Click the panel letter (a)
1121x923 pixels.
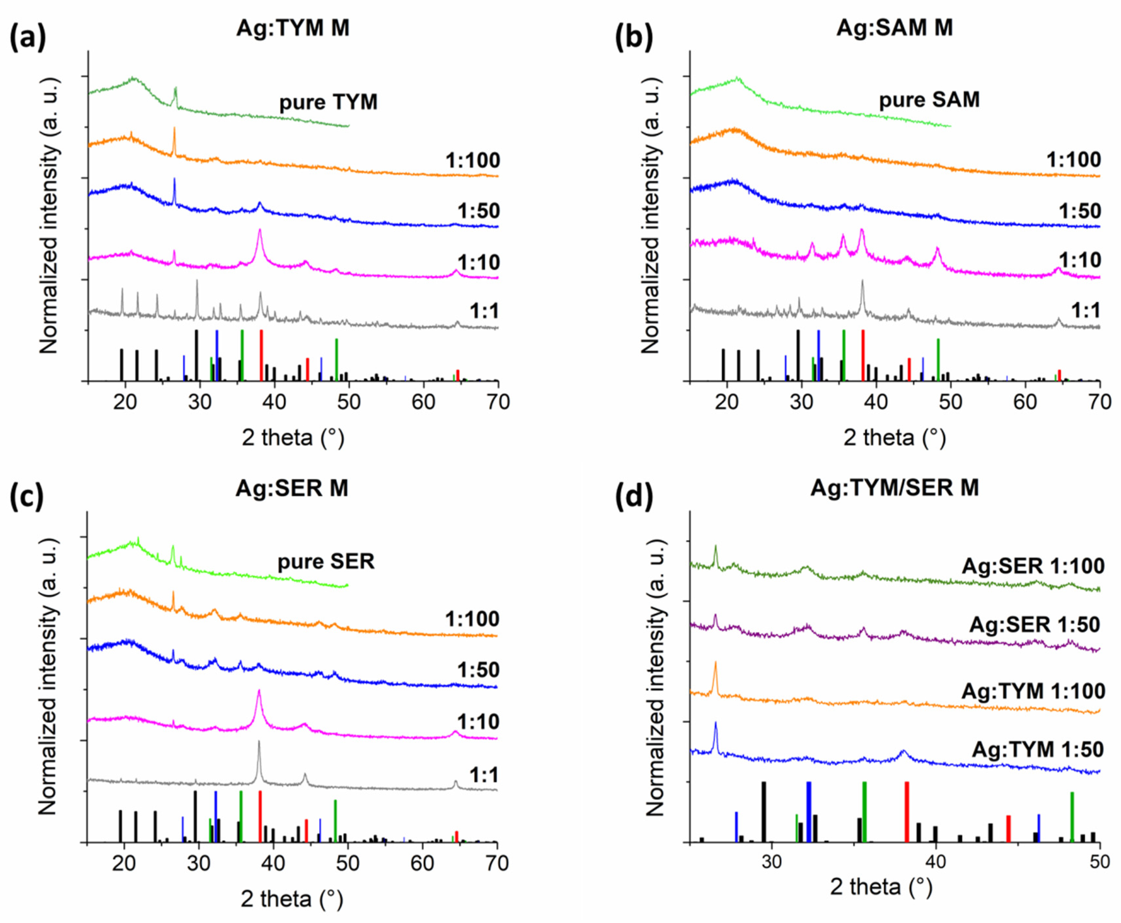click(28, 38)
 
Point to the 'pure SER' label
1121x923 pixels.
click(326, 561)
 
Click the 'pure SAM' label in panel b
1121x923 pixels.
click(929, 99)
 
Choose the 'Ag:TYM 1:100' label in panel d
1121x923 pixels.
click(1033, 691)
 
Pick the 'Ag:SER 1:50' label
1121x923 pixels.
click(1034, 625)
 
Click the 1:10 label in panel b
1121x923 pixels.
click(1080, 260)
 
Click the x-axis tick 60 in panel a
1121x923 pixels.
click(423, 402)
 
